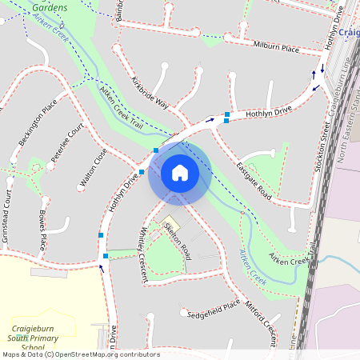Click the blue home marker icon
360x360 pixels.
(179, 173)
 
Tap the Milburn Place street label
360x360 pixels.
(277, 47)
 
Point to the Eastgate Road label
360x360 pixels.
(254, 181)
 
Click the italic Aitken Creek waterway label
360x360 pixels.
(253, 267)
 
